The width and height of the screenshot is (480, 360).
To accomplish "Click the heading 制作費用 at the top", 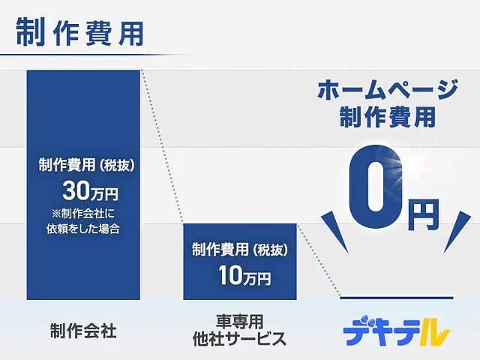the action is coord(79,32).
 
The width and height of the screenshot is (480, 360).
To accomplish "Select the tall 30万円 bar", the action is coord(83,185).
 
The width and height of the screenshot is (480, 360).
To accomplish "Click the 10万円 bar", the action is coord(240,262).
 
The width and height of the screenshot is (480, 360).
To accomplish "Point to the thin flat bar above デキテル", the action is coord(397,298).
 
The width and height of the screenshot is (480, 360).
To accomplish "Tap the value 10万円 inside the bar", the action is coord(244,275).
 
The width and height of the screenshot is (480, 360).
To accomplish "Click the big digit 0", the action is coord(376,187).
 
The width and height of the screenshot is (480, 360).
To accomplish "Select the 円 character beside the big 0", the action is coord(424,215).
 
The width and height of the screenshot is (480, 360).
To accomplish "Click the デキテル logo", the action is coord(397,331).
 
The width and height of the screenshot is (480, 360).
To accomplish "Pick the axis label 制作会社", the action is coord(83,331).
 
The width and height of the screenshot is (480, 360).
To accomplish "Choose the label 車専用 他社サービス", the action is coord(240,331).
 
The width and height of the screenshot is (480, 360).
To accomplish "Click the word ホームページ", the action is coord(388,90).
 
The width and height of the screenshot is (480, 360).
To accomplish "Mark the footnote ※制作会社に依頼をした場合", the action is coord(83,221).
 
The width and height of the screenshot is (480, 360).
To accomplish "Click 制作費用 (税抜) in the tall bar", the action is coord(87,165).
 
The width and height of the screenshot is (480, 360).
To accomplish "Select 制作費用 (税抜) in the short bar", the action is coord(240,250).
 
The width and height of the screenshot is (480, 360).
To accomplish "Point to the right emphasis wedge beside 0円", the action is coord(457,232).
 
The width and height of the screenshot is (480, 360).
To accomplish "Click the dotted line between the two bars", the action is coord(162,147).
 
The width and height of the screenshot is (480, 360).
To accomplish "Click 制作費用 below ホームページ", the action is coord(388,117).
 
